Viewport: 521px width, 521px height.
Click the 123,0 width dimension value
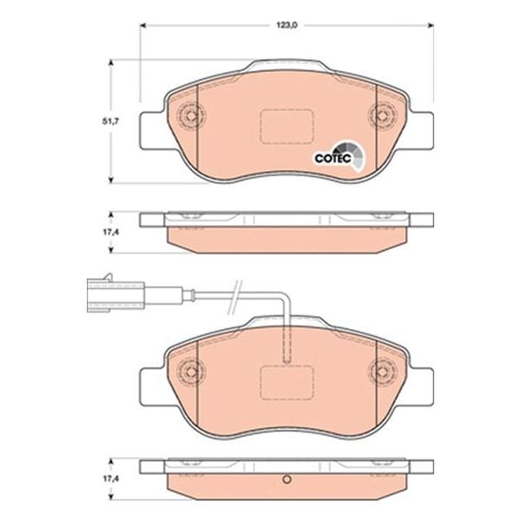pyautogui.click(x=287, y=25)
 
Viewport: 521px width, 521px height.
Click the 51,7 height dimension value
pyautogui.click(x=110, y=122)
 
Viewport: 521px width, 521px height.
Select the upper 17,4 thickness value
pyautogui.click(x=110, y=232)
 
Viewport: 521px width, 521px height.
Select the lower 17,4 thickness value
pyautogui.click(x=110, y=478)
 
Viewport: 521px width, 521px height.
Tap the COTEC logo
pyautogui.click(x=339, y=157)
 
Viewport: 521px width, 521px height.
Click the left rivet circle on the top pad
pyautogui.click(x=191, y=115)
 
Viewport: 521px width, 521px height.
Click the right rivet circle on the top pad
pyautogui.click(x=382, y=115)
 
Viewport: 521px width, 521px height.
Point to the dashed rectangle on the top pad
pyautogui.click(x=287, y=127)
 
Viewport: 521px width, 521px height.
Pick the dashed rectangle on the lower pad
pyautogui.click(x=287, y=382)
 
